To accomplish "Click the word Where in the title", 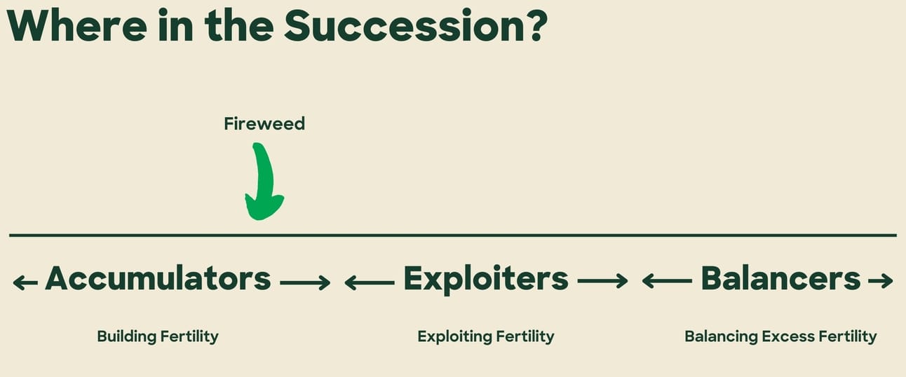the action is (x=77, y=26).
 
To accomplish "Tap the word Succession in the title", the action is (x=405, y=25).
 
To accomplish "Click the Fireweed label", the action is (x=264, y=123).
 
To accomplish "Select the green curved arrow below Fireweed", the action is (x=264, y=181).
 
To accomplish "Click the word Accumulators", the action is (x=158, y=278).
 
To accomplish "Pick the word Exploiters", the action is (x=486, y=279).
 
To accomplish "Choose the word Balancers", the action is (x=780, y=278).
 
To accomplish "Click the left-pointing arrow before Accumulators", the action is (x=25, y=282).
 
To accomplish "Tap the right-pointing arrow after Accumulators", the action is (x=305, y=282).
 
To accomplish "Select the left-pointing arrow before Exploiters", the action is (x=370, y=282).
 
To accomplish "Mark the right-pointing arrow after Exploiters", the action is (x=602, y=281).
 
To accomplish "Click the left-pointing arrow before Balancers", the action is (x=667, y=281).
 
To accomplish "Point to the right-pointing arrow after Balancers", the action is (x=881, y=281).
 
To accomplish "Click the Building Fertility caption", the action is (x=158, y=336).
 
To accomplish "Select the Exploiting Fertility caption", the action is (x=486, y=336).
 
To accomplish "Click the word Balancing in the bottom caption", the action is (x=721, y=336).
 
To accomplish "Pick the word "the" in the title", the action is (x=239, y=26).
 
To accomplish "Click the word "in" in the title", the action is (x=175, y=25).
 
